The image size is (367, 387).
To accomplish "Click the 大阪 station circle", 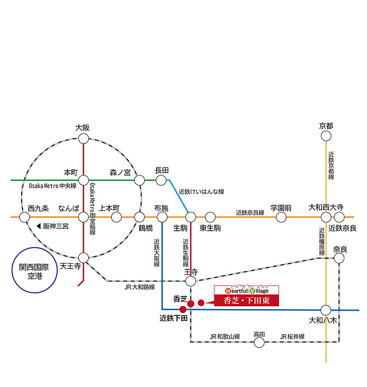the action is point(83,138).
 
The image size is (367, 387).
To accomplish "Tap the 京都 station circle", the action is point(326,136).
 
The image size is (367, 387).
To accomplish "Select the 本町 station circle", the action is point(83,180).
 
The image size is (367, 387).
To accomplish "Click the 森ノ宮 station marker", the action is point(139,180).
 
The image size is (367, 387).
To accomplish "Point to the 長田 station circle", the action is point(161,180).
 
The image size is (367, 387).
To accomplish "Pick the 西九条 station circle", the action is point(24,217).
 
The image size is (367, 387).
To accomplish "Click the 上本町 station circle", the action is point(116,217).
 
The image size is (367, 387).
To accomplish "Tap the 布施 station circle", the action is point(162,217).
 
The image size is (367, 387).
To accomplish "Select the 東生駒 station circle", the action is point(210,217).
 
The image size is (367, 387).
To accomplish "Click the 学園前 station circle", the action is point(281,217).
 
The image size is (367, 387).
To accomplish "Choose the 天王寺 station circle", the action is point(83,258).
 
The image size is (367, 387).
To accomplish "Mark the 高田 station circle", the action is point(259,342).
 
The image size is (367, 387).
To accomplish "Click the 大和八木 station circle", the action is point(325,310).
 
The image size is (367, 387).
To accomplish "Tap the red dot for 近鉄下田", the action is point(183,310).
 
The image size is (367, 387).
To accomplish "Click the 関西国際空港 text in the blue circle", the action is point(34,271).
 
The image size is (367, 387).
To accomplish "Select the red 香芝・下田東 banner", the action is point(247,300).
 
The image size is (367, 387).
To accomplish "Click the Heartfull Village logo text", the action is point(247,291).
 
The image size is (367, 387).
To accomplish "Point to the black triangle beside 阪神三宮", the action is point(39,226).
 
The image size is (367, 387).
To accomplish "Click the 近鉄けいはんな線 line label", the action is point(201,192).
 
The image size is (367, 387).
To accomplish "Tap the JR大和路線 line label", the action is point(140,287).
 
